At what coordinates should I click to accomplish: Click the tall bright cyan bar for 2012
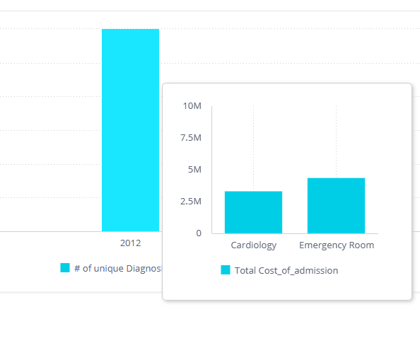tap(130, 130)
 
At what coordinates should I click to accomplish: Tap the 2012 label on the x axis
tap(130, 243)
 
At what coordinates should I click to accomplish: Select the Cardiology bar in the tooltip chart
tap(253, 212)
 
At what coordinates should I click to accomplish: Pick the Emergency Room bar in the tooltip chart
tap(336, 206)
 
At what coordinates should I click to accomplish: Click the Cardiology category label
tap(253, 245)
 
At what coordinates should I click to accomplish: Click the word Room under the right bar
tap(361, 245)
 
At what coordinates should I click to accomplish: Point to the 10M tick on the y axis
tap(192, 106)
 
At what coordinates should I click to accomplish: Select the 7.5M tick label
tap(190, 138)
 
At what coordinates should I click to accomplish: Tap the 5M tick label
tap(194, 170)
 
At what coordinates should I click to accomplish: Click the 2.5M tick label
tap(190, 202)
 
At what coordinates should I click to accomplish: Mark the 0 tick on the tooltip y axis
tap(198, 233)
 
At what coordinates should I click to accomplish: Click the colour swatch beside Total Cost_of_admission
tap(226, 270)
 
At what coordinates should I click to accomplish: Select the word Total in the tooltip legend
tap(245, 270)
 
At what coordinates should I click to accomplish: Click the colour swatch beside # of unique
tap(65, 268)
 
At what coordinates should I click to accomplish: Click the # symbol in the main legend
tap(77, 268)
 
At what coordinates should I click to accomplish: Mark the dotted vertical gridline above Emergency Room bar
tap(336, 141)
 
